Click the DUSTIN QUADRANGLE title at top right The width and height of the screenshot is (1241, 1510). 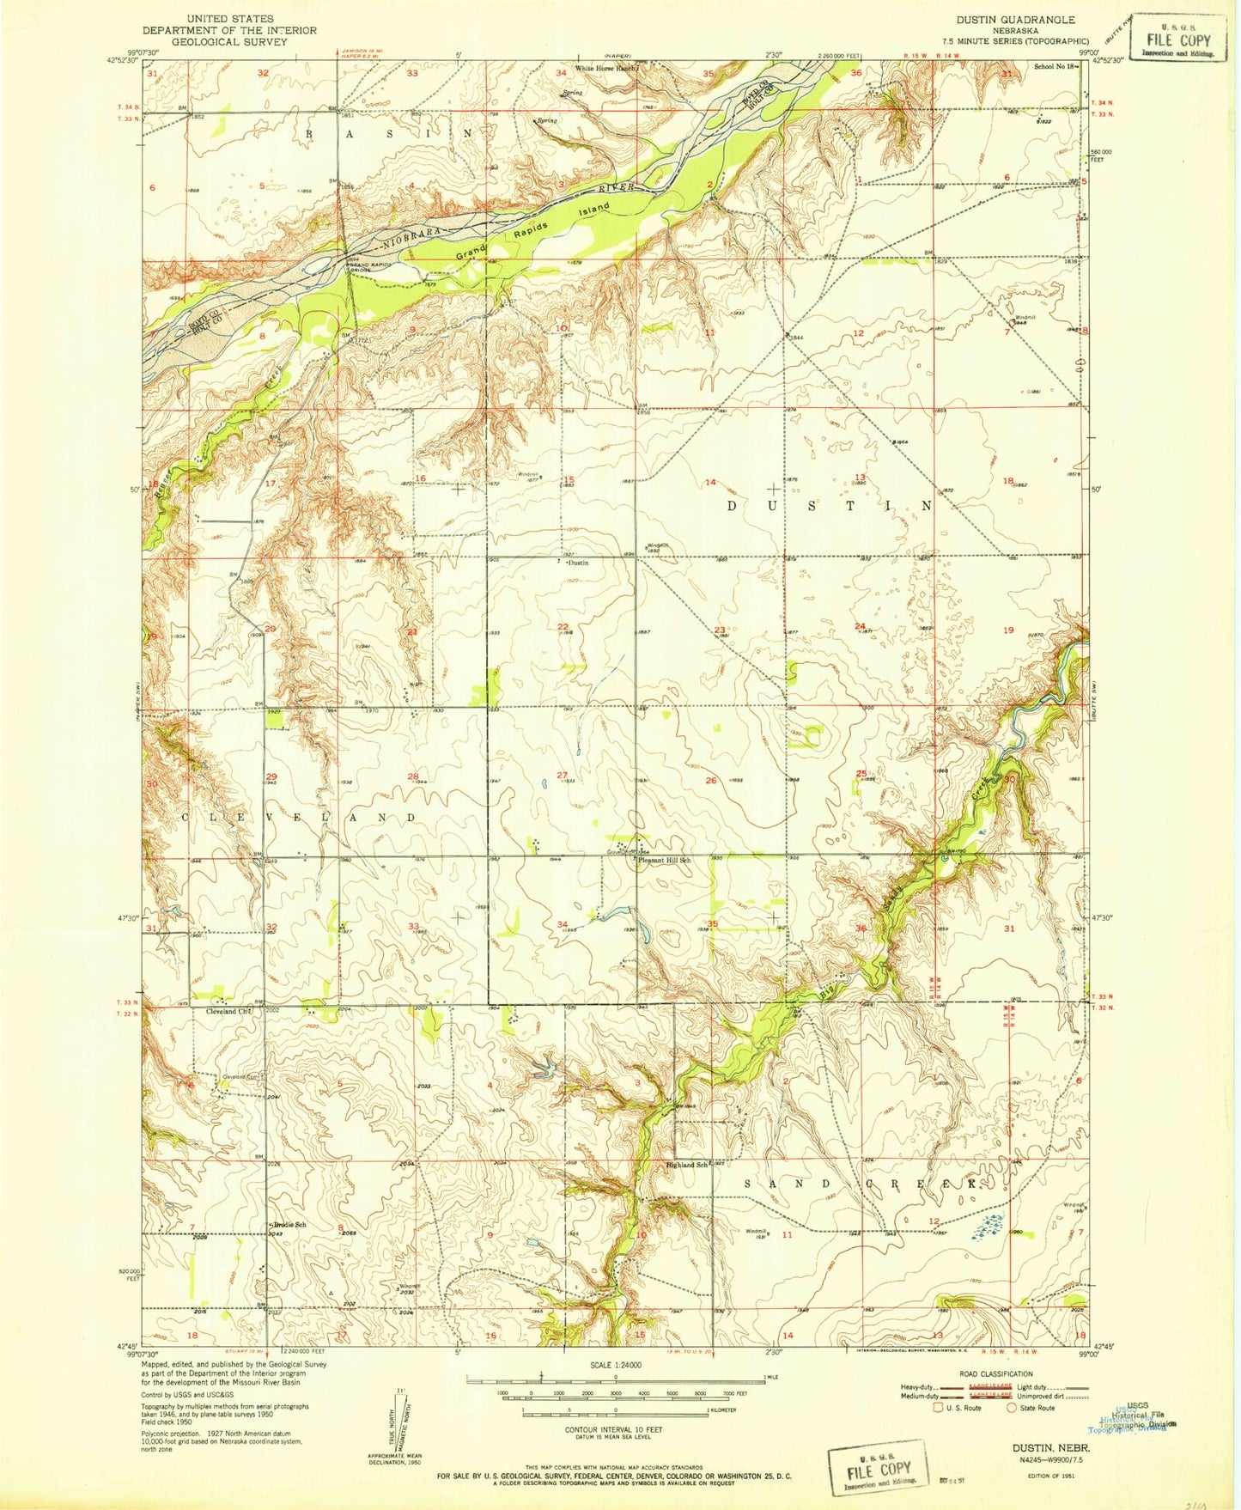pyautogui.click(x=1015, y=19)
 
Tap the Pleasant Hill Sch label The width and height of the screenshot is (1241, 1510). pyautogui.click(x=662, y=860)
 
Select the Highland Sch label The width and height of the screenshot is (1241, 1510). pyautogui.click(x=687, y=1165)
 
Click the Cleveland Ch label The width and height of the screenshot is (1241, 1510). pyautogui.click(x=228, y=1011)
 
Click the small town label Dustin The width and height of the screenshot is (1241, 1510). pyautogui.click(x=579, y=563)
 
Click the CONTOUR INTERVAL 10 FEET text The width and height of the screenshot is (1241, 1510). pyautogui.click(x=613, y=1429)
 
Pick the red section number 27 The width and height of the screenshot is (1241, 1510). pyautogui.click(x=562, y=775)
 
